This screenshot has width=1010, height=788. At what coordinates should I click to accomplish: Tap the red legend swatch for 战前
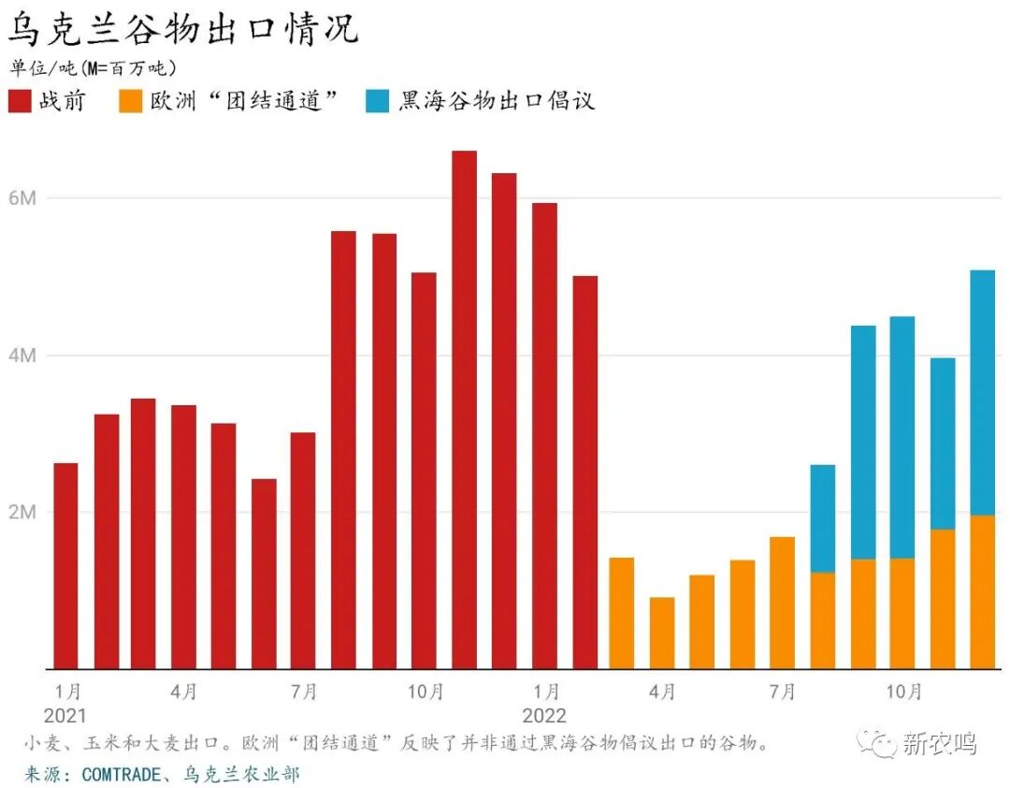21,101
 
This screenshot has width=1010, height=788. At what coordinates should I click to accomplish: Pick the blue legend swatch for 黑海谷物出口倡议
379,101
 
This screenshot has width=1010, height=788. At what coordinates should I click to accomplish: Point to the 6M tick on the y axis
23,198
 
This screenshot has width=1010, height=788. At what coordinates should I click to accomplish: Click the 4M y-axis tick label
23,356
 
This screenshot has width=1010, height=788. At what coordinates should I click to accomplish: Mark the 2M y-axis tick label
23,513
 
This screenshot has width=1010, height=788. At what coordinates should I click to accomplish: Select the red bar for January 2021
65,566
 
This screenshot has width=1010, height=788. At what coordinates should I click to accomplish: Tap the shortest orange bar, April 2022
662,633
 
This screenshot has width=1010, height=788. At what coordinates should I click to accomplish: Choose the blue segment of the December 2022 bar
983,393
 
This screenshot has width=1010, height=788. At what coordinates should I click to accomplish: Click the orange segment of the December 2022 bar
983,591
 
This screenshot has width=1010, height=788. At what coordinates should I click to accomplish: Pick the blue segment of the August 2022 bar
823,518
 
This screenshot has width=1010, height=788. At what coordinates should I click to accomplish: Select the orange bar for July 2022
783,603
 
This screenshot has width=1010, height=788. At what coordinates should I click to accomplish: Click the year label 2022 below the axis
544,716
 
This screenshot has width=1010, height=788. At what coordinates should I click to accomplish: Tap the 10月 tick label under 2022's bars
902,693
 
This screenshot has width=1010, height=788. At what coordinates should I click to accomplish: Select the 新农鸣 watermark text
939,744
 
